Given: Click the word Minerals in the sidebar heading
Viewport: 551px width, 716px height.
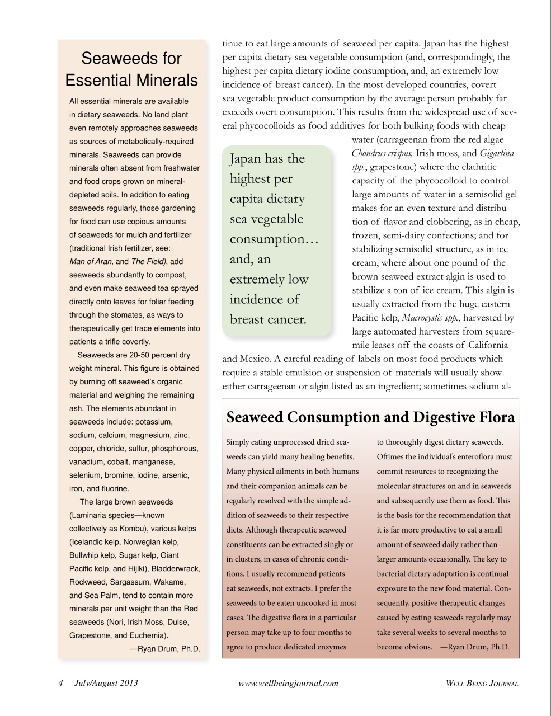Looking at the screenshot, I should pos(164,80).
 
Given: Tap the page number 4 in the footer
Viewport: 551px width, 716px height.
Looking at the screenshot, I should pos(61,682).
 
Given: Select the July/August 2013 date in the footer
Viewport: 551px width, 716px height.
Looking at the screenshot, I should pos(106,682).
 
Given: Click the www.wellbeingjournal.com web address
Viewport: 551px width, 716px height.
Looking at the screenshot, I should pos(288,683).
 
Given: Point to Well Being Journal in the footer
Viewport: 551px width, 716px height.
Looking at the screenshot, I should pos(482,683).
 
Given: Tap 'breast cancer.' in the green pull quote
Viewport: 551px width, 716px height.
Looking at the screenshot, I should pos(268,319).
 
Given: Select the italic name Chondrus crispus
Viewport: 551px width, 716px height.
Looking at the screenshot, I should pos(383,153).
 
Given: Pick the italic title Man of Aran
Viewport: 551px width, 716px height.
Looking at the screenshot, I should pos(91,261).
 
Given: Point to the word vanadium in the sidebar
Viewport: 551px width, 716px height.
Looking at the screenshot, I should pos(87,462).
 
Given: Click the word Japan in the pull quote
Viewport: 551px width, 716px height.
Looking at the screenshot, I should pos(245,159).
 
